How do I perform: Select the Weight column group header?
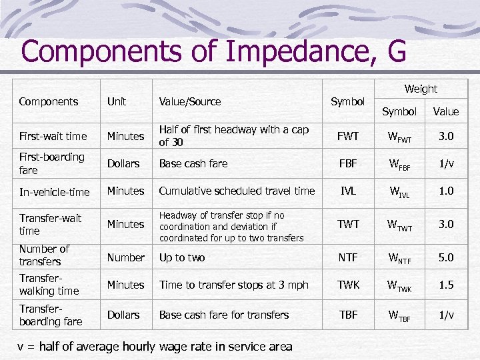(x=421, y=89)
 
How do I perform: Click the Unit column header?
(x=117, y=101)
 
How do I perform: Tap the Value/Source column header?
(x=189, y=101)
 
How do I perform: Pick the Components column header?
(x=49, y=101)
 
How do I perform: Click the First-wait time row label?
(x=53, y=136)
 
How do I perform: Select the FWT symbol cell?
(x=348, y=136)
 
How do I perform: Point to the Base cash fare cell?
(x=193, y=163)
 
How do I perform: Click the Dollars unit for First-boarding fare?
(x=123, y=163)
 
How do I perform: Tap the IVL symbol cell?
(x=348, y=191)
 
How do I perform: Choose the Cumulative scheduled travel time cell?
(x=237, y=191)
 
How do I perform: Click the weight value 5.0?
(x=446, y=257)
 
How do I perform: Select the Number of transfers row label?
(x=44, y=255)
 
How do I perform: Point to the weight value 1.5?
(x=446, y=285)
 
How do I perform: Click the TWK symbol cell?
(x=348, y=285)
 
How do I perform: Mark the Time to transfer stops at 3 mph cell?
(x=233, y=285)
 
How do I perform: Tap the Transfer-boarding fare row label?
(x=51, y=315)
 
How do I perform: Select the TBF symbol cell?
(x=348, y=315)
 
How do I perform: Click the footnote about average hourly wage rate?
(x=155, y=346)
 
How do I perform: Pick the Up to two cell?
(x=182, y=257)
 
